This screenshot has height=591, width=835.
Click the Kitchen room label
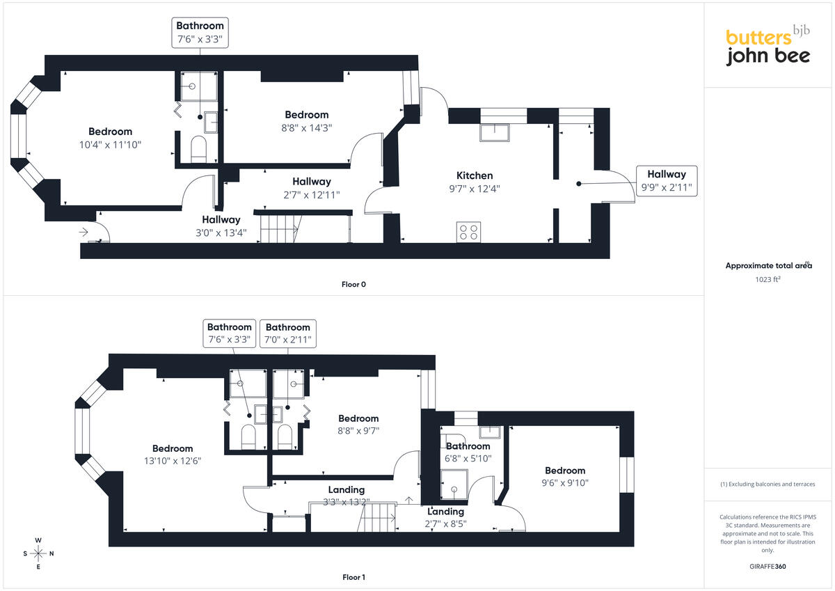474,175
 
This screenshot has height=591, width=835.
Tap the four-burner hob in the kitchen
468,232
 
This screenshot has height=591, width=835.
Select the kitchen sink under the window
495,133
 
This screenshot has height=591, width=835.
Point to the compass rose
38,553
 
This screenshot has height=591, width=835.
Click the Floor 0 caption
353,285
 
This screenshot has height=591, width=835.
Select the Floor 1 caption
353,577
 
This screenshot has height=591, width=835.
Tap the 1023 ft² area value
768,279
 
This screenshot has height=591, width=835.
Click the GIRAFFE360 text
768,567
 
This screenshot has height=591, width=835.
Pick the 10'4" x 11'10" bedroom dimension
111,145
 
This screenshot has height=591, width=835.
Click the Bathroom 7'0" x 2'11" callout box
288,333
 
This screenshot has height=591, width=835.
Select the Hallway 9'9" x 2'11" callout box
667,181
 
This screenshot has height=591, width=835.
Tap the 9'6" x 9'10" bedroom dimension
565,483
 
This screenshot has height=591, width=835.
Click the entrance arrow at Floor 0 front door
83,233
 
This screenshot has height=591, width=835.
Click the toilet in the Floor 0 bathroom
198,149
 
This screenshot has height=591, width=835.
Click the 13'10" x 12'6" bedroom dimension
173,461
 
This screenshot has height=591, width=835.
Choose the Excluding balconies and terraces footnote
768,484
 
